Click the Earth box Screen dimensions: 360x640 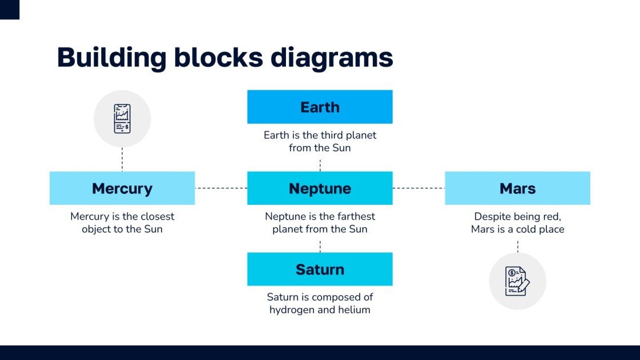tap(320, 107)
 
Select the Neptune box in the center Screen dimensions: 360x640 tap(320, 188)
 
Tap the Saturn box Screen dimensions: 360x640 tap(320, 270)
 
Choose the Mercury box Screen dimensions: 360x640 tap(122, 188)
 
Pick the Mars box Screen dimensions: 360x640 tap(517, 188)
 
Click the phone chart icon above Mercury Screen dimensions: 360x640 tap(122, 118)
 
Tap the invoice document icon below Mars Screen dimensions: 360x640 tap(517, 281)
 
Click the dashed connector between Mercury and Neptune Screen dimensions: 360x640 tap(221, 188)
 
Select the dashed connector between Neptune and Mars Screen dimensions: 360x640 tap(419, 188)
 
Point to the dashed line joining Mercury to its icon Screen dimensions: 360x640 tap(122, 159)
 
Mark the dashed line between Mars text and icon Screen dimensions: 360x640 tap(518, 246)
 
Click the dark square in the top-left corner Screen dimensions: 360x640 tap(9, 9)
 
